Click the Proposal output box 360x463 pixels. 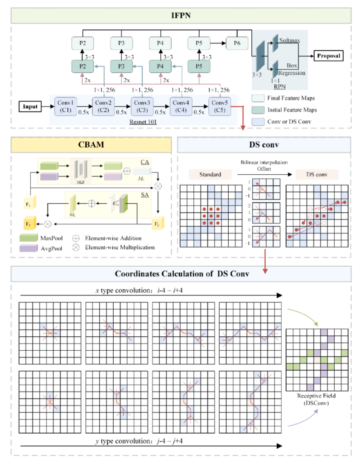[328, 56]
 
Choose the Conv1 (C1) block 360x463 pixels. [65, 107]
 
